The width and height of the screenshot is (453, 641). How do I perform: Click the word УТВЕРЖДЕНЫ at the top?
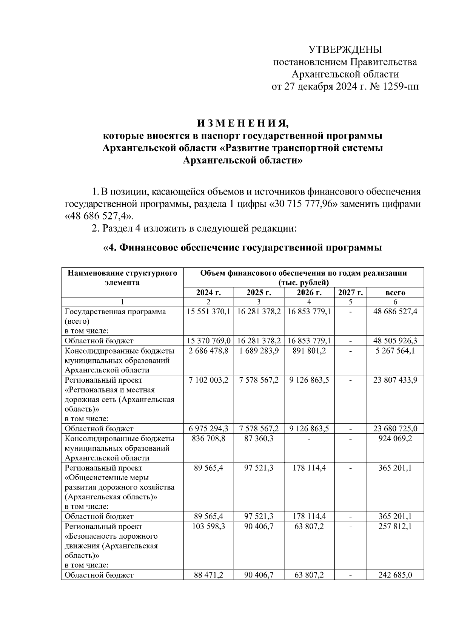point(345,49)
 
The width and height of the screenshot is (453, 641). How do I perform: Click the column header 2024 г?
point(208,292)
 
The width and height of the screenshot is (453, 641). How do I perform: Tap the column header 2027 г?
point(350,292)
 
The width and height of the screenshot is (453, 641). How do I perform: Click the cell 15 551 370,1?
point(208,312)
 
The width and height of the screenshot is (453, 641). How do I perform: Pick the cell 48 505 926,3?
point(395,341)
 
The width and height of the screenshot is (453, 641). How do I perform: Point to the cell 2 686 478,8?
point(208,351)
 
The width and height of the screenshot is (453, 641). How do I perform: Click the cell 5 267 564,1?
point(395,351)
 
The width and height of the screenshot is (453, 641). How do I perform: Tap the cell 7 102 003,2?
point(208,380)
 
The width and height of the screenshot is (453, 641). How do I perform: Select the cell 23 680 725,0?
point(395,429)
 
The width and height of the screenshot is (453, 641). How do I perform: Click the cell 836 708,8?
point(208,439)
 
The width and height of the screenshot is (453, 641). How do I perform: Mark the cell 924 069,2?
point(395,439)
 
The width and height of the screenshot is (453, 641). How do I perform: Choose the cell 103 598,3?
point(208,526)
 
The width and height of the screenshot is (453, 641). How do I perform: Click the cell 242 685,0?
point(395,575)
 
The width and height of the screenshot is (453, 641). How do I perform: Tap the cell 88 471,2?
point(208,575)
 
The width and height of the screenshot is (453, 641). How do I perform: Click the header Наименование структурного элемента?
point(122,278)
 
